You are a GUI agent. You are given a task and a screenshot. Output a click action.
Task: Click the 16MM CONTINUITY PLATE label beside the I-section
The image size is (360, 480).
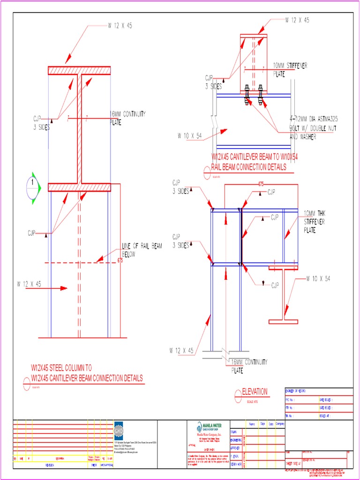pos(127,118)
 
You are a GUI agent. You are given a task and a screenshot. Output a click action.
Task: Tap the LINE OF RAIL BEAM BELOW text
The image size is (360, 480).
pos(142,250)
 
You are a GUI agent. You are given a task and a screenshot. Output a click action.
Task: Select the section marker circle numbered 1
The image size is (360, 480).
pos(32,187)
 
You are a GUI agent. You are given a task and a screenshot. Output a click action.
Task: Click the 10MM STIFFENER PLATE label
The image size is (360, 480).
pos(290,69)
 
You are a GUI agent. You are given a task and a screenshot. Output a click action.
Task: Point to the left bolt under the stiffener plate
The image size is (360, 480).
pos(247,95)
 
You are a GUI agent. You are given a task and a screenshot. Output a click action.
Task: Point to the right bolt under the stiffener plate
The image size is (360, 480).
pos(261,95)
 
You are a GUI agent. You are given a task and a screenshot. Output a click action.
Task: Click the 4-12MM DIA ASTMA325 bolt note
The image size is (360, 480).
pos(313,128)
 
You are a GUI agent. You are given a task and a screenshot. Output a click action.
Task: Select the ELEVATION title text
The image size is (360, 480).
pos(255,391)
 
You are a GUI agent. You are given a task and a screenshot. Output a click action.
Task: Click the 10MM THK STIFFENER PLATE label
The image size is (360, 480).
pos(314,222)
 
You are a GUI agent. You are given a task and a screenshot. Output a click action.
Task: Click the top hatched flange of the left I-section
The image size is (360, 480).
pos(79,71)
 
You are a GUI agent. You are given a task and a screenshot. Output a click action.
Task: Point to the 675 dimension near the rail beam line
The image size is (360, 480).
pos(120,261)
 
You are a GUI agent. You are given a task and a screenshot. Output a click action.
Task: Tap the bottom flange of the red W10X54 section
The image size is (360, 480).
pos(283,321)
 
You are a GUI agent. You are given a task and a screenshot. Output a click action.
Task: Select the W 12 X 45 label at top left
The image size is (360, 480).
pos(120,26)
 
